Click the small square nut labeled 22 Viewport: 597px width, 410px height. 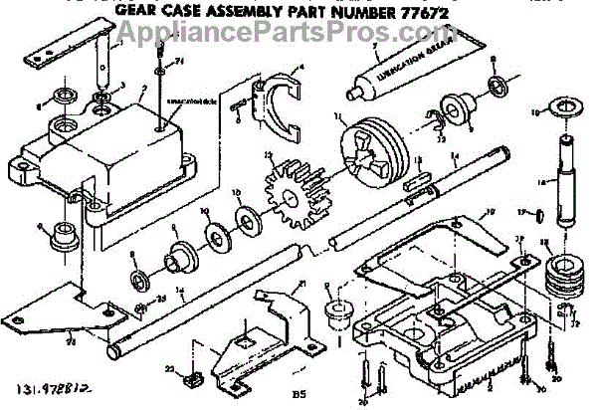point(195,376)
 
